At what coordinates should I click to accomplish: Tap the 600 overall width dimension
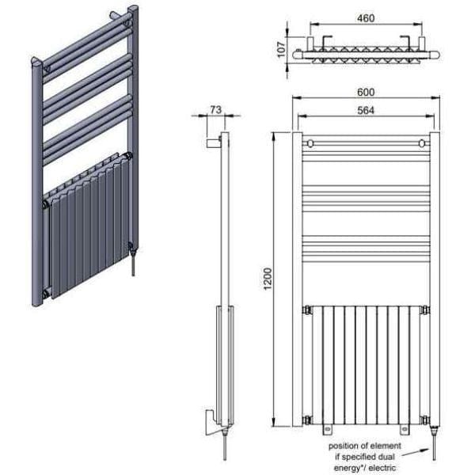tap(366, 92)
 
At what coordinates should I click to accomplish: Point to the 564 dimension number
tap(366, 110)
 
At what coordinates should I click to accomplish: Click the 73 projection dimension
tap(215, 109)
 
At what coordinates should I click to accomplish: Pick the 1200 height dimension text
tap(268, 282)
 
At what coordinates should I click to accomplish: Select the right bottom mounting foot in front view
tap(404, 431)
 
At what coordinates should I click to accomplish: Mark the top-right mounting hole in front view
tap(422, 143)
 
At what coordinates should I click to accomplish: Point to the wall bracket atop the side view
tap(212, 142)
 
